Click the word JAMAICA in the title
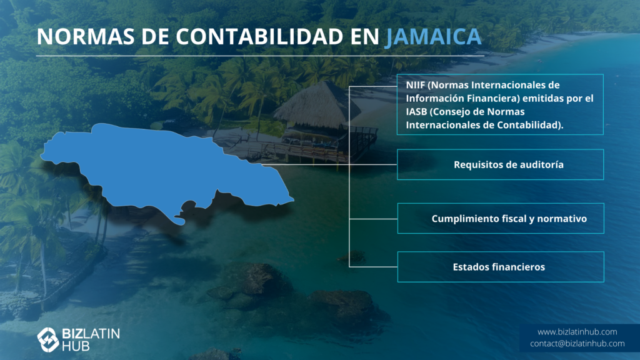tap(434, 36)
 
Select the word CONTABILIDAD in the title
tap(259, 36)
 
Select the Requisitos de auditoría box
tap(501, 164)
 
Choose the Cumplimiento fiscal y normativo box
tap(501, 218)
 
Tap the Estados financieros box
tap(501, 267)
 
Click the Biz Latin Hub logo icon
tap(48, 339)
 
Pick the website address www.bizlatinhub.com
tap(577, 332)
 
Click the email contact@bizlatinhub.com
tap(577, 344)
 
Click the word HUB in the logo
tap(76, 346)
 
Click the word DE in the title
tap(156, 36)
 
